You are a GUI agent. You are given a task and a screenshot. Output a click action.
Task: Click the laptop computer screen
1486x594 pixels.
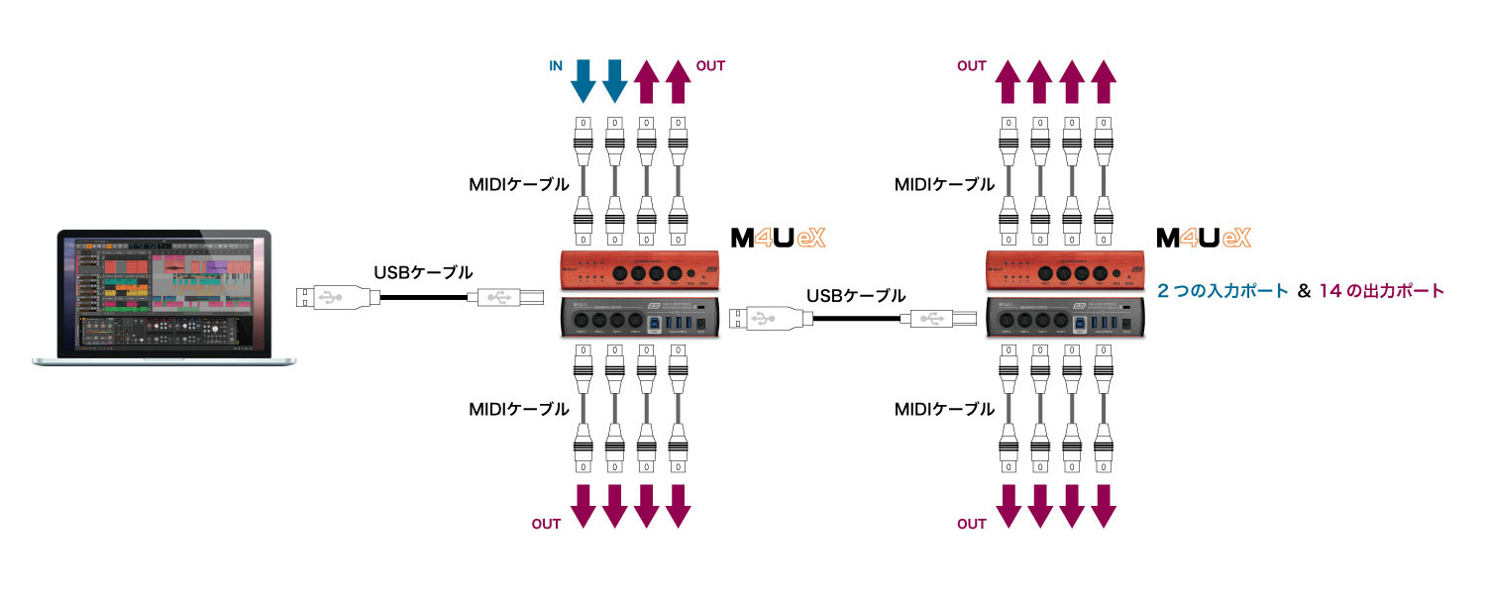click(x=163, y=292)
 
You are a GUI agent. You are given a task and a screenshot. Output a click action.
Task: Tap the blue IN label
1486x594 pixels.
click(x=556, y=66)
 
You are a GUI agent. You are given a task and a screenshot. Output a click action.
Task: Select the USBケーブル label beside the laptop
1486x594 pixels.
click(x=423, y=271)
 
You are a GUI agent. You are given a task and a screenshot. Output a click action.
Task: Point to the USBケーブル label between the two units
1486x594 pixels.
click(x=856, y=294)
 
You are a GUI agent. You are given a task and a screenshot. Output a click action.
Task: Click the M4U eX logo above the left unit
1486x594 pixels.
click(x=777, y=238)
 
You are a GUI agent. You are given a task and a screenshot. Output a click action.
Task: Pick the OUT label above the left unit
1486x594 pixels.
click(x=711, y=66)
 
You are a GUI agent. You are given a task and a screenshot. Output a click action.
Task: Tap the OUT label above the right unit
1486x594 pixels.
click(x=971, y=66)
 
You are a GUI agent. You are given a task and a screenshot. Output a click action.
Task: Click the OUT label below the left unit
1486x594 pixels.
click(x=547, y=524)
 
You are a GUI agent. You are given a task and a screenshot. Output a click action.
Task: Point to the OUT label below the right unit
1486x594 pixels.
click(x=972, y=524)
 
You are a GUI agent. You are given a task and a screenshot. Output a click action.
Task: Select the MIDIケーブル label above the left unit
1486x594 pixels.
click(x=519, y=184)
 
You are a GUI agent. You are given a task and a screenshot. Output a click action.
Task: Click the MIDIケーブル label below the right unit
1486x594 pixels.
click(x=944, y=409)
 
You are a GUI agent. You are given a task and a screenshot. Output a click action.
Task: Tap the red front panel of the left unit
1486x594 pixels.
click(x=640, y=270)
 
